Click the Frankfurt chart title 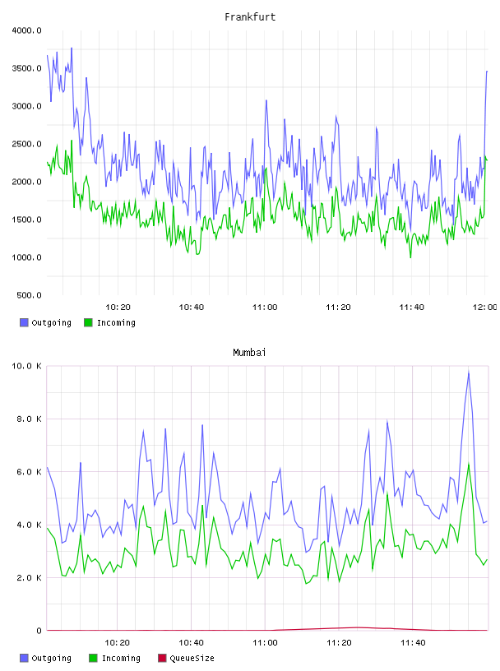(250, 17)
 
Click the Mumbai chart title (249, 353)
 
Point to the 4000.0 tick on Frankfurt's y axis (26, 30)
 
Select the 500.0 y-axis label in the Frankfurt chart (29, 295)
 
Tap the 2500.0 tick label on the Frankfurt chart (26, 144)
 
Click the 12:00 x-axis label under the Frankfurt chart (484, 307)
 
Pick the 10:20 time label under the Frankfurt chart (118, 307)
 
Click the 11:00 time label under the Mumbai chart (265, 642)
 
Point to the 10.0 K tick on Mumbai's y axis (26, 366)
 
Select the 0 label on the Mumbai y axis (39, 631)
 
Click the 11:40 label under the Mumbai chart (413, 642)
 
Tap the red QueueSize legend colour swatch (162, 658)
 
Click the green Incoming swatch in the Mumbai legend (93, 658)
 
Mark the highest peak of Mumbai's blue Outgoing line (469, 372)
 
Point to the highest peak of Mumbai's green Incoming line (469, 464)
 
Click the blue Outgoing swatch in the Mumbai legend (24, 658)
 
